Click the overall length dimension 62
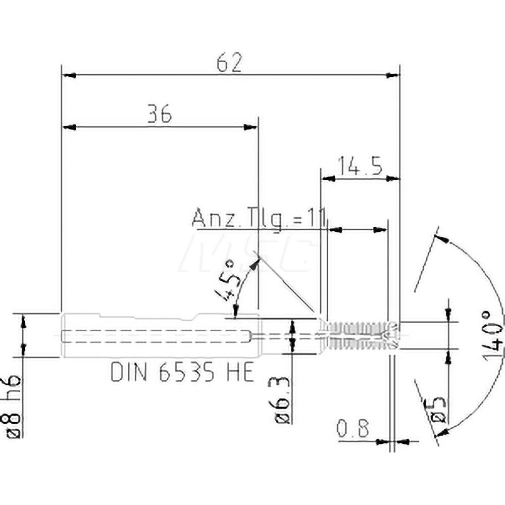click(x=230, y=63)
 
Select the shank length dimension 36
click(x=160, y=115)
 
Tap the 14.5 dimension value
click(x=360, y=166)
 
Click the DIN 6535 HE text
click(x=182, y=373)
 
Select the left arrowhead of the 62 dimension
click(x=68, y=75)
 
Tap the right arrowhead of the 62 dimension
click(x=392, y=75)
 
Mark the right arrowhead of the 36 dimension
click(x=250, y=127)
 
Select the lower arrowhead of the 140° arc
click(x=443, y=431)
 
